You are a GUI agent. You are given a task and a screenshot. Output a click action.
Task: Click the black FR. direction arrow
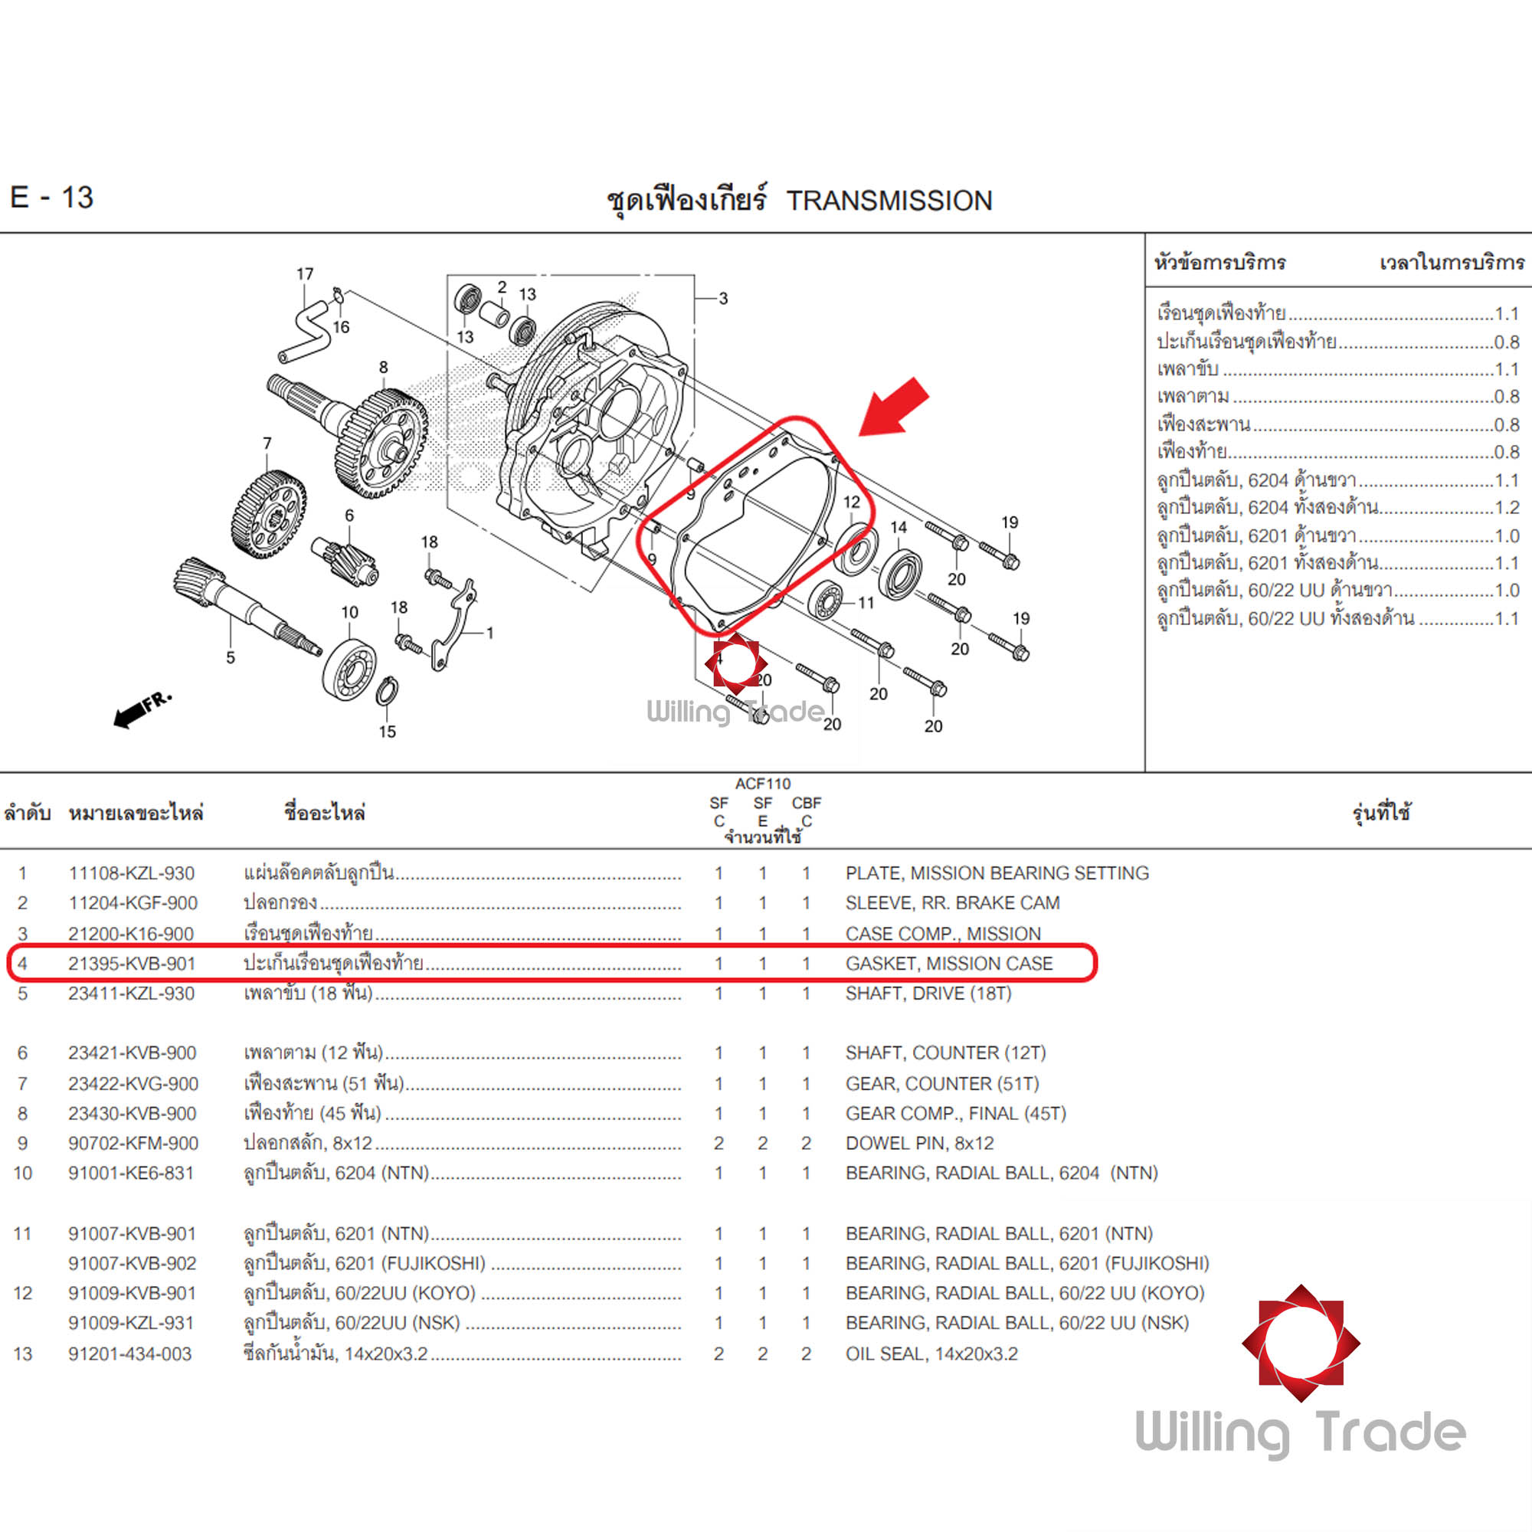click(x=141, y=707)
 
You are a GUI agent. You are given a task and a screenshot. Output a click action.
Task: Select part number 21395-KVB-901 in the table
click(x=132, y=964)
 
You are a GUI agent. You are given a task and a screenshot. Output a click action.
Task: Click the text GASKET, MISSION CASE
click(x=948, y=964)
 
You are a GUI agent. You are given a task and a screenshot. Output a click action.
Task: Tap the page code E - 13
click(x=51, y=198)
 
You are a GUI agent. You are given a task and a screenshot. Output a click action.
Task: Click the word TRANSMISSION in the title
click(x=889, y=201)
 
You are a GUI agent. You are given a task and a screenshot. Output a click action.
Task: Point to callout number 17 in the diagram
click(x=305, y=274)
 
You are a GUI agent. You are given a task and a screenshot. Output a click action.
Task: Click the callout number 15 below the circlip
click(x=387, y=731)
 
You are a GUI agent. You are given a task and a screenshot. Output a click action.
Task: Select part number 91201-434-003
click(x=130, y=1354)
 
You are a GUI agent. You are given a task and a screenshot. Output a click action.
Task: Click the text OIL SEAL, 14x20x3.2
click(x=931, y=1354)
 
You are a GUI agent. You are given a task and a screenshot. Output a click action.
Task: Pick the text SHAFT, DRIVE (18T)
click(x=928, y=994)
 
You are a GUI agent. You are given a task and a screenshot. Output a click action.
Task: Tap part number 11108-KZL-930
click(x=132, y=873)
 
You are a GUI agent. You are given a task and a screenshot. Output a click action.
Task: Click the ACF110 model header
click(x=762, y=784)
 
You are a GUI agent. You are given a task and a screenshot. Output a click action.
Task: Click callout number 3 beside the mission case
click(x=722, y=298)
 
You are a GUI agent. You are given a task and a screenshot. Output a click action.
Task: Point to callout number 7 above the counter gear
click(x=267, y=444)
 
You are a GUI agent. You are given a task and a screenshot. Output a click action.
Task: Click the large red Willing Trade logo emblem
click(x=1301, y=1344)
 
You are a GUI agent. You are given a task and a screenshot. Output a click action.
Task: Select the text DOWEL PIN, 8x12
click(x=919, y=1144)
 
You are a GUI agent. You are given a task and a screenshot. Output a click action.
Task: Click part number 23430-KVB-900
click(x=133, y=1113)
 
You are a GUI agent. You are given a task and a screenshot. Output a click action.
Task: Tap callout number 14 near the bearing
click(x=899, y=527)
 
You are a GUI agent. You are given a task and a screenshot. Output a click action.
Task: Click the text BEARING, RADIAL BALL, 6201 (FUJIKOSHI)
click(x=1027, y=1263)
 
